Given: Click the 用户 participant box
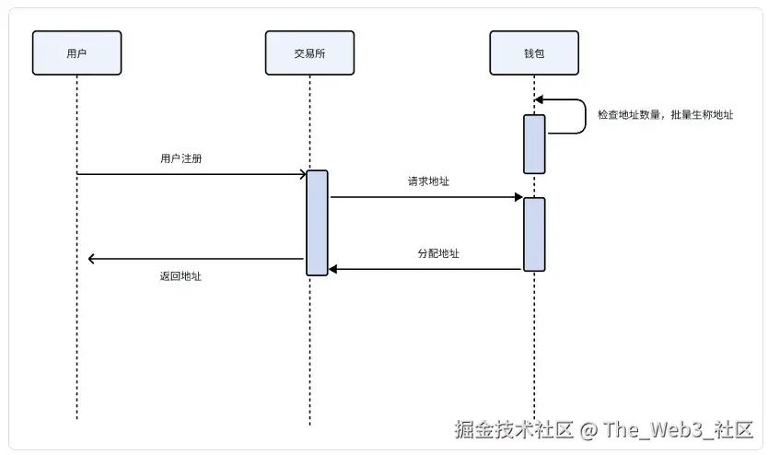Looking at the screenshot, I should point(76,52).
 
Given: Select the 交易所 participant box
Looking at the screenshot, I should point(309,52).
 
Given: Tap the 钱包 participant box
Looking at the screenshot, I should point(534,52).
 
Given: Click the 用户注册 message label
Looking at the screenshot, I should point(180,158).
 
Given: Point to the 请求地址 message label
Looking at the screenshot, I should point(428,181).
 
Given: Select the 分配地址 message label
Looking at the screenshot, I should point(438,253).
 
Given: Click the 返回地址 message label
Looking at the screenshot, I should point(180,275).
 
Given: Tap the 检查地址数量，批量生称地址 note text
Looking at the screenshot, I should point(665,115).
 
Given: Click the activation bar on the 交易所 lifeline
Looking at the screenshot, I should point(317,222).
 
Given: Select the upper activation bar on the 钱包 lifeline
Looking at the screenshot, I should point(535,144).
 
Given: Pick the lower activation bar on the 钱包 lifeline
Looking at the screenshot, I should point(535,234).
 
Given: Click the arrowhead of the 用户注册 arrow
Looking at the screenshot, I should point(302,174).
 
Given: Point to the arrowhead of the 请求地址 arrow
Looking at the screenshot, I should point(518,197).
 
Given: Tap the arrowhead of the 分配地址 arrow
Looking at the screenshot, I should point(334,269).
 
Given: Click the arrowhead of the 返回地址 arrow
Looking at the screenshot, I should point(92,259).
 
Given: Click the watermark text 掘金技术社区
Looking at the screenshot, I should point(514,429).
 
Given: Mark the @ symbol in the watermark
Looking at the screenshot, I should point(588,429).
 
